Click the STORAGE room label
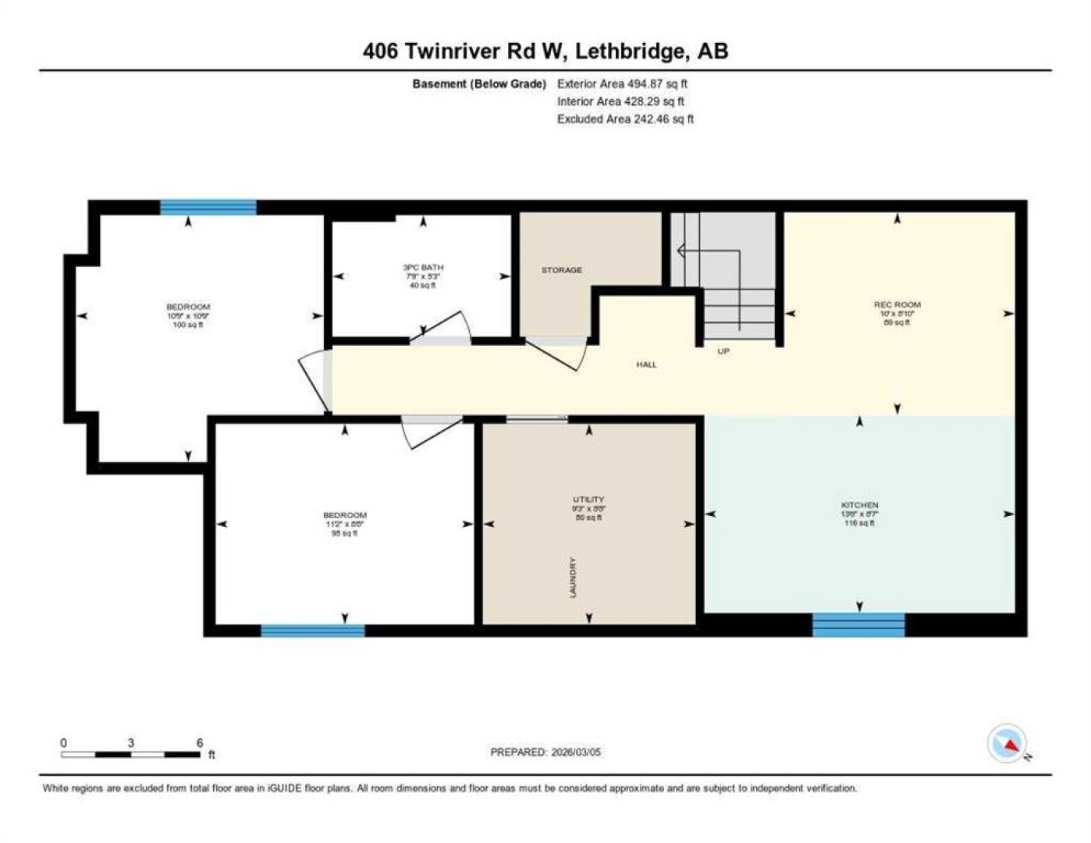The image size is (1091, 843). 561,270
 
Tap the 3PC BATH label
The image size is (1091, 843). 423,268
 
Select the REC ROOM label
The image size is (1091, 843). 897,304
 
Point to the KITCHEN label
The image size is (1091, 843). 859,505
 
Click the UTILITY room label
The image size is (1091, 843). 588,500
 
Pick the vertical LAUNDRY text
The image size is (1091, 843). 574,578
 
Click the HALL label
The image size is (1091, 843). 646,365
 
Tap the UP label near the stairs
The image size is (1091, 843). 723,351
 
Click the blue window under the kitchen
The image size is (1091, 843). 858,624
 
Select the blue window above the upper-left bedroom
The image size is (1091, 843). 208,207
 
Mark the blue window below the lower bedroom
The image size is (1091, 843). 312,631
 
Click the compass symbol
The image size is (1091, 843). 1007,743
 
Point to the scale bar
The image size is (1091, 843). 131,754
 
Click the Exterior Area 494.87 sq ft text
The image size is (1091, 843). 622,84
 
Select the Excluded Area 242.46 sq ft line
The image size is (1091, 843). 625,119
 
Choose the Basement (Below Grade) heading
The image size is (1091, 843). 479,84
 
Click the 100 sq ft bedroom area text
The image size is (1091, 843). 188,325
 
